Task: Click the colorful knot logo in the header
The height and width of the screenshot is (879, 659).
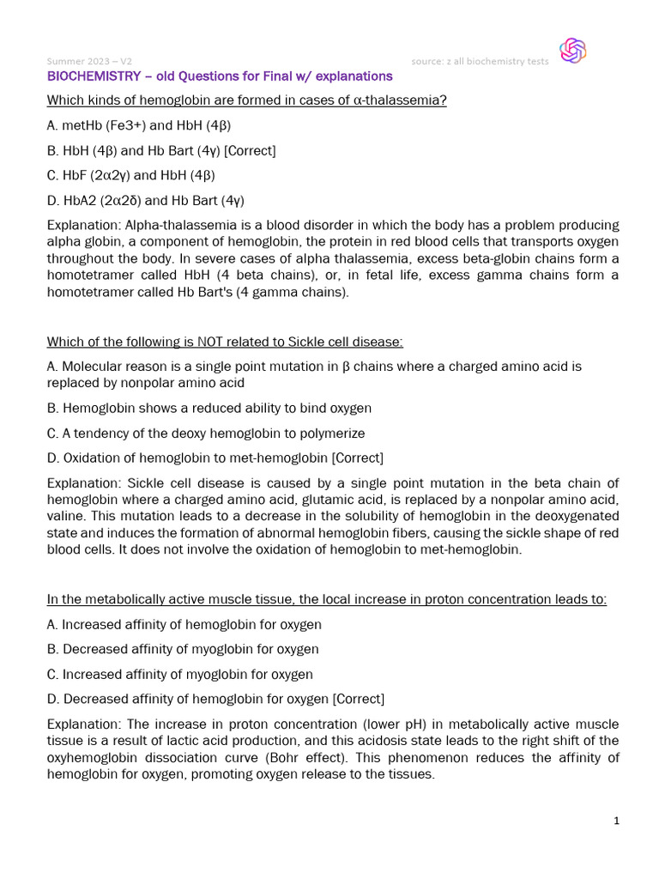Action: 572,51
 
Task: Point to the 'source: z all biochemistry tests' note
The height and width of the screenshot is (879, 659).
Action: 481,61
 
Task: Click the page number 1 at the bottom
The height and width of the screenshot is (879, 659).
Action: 616,821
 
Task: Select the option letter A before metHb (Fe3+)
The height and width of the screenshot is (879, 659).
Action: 51,125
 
